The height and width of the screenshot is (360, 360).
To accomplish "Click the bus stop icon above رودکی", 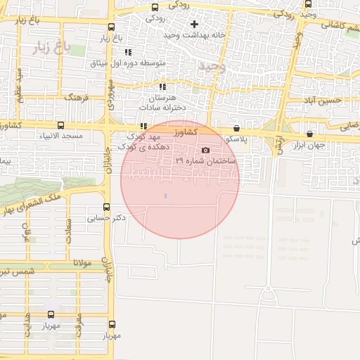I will (155, 7).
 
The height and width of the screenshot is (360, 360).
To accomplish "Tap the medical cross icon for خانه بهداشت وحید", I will (194, 24).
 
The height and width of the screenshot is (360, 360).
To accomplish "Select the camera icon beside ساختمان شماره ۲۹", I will (205, 150).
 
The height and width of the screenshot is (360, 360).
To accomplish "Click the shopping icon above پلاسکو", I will (236, 129).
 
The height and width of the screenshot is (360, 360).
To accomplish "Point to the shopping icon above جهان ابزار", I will (309, 134).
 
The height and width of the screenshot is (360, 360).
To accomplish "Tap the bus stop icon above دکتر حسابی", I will (106, 207).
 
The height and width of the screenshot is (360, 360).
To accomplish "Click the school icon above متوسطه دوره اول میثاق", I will (128, 52).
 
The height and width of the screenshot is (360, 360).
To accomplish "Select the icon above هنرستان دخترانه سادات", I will (162, 87).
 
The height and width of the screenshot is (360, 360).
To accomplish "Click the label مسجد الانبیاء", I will (62, 135).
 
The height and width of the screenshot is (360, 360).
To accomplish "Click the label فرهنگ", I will (77, 98).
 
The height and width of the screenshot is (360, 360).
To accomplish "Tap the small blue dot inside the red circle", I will (166, 196).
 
